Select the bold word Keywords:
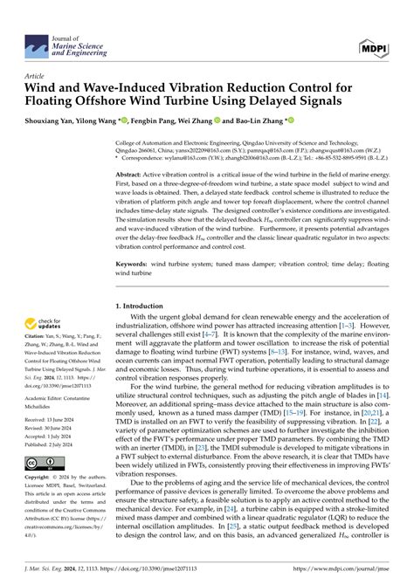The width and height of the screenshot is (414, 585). [137, 260]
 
